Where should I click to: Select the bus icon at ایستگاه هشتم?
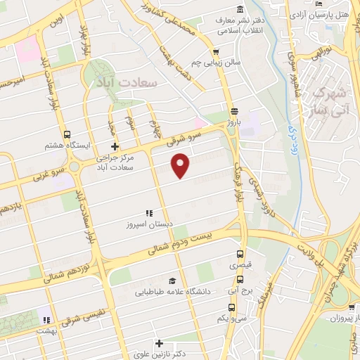tap(66, 134)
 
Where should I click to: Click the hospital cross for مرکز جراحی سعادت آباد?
tap(115, 147)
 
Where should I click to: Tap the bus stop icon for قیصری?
tap(240, 255)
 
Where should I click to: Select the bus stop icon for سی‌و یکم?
tap(233, 307)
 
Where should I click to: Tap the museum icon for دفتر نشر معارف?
tap(241, 9)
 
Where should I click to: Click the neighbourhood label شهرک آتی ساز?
tap(329, 100)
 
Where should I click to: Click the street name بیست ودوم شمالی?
tap(181, 244)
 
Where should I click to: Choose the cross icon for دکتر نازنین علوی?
tap(160, 344)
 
